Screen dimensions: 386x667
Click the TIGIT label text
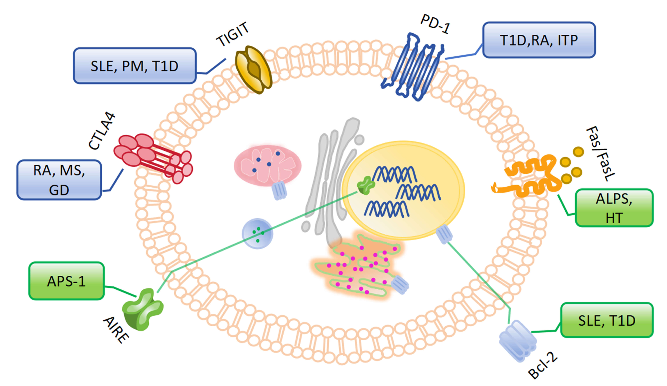[233, 34]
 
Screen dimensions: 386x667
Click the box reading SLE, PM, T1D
[135, 66]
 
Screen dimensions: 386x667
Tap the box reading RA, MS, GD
[59, 180]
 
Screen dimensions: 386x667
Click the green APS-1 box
[66, 281]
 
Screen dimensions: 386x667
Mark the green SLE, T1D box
[607, 320]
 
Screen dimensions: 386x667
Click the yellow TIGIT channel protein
[253, 69]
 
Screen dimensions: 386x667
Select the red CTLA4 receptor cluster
[153, 158]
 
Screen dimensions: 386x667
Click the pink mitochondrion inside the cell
[267, 165]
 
